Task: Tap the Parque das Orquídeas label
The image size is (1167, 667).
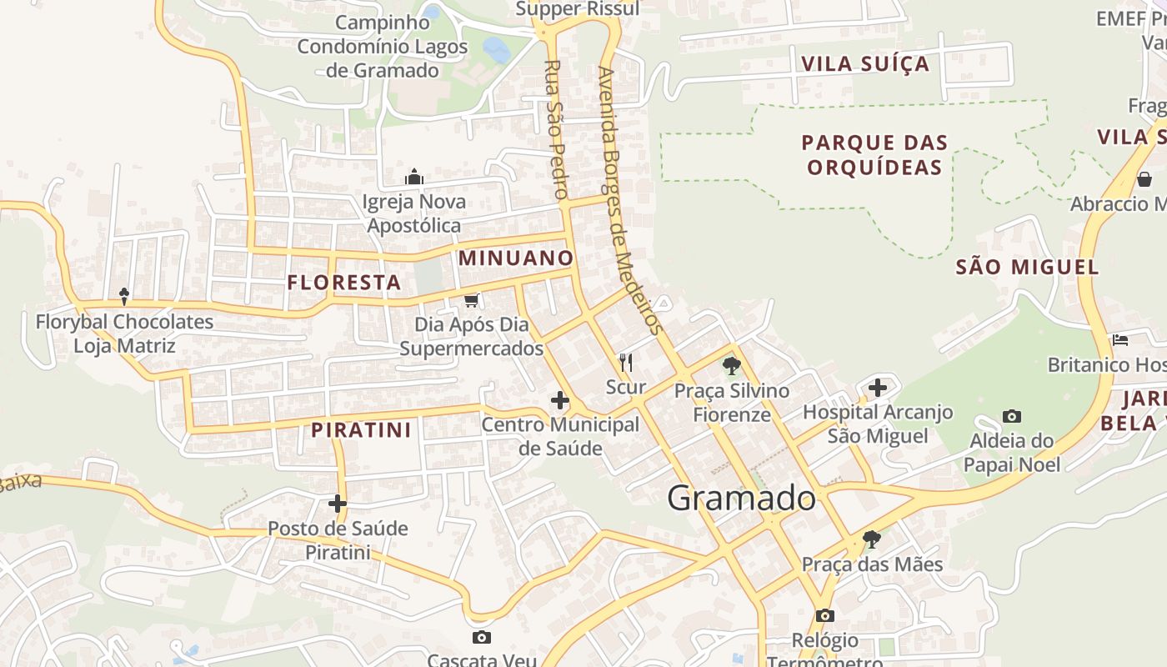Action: [874, 155]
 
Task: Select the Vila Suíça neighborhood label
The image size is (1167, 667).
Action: [864, 64]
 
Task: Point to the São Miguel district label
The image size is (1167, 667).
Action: [1027, 267]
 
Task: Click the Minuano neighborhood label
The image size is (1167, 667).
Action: [516, 258]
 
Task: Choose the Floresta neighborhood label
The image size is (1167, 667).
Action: [344, 283]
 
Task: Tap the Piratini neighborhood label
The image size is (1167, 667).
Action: [362, 430]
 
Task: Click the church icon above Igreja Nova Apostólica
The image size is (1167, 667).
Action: [414, 177]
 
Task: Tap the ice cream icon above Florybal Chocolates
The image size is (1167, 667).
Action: [124, 296]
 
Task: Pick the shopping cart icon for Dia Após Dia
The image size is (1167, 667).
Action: [471, 300]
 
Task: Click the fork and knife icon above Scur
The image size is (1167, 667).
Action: [626, 363]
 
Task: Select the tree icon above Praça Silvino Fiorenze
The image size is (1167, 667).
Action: [731, 365]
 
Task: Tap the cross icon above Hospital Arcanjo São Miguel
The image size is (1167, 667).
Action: [877, 387]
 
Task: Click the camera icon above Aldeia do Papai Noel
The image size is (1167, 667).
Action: [1012, 416]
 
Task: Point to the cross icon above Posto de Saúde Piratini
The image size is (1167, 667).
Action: [338, 503]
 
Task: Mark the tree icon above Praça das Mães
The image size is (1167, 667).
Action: [871, 539]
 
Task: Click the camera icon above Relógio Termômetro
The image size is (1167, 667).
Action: [824, 615]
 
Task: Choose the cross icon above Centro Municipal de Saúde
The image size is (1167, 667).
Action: [560, 400]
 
